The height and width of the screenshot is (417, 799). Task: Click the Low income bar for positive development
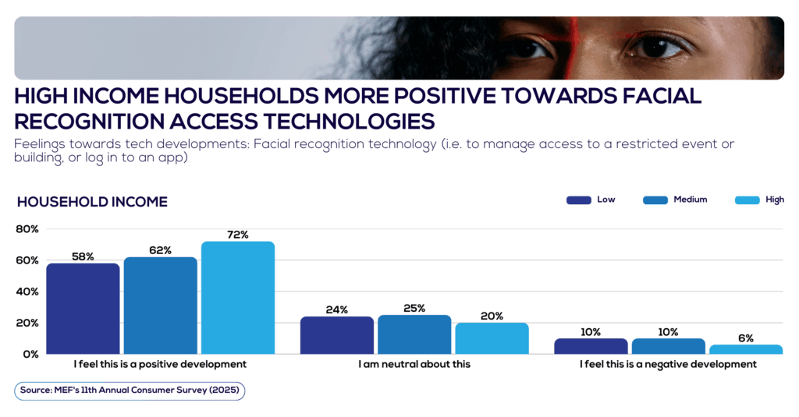click(x=83, y=309)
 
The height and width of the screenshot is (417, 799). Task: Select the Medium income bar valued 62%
click(x=160, y=306)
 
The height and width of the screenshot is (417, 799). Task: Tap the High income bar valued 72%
click(x=237, y=298)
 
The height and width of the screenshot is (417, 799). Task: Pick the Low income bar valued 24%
click(x=337, y=335)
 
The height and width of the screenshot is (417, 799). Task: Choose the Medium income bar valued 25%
click(x=414, y=334)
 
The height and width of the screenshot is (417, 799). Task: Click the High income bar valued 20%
click(x=492, y=338)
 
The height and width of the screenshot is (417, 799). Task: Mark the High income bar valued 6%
click(x=745, y=349)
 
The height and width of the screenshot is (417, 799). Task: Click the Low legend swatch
click(x=578, y=200)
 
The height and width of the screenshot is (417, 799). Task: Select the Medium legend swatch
click(x=655, y=200)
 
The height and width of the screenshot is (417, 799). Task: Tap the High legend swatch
click(x=747, y=200)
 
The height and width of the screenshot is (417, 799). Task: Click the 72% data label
click(x=237, y=235)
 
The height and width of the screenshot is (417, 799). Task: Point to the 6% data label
click(x=745, y=338)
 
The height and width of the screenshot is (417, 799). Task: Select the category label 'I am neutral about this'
click(x=414, y=364)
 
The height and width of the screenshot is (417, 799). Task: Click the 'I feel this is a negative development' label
click(x=668, y=364)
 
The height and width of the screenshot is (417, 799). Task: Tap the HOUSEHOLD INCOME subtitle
click(x=92, y=202)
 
